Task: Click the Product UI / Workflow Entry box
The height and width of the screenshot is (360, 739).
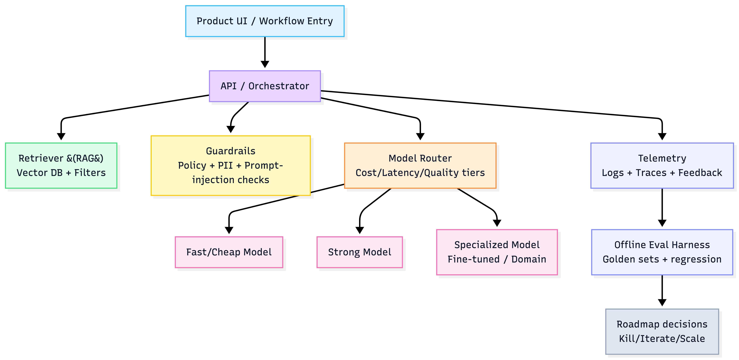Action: (265, 21)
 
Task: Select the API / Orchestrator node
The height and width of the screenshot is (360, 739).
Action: (265, 86)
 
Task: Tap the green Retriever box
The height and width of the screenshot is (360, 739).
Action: (61, 166)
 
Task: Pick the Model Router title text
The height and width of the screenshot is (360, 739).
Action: (420, 158)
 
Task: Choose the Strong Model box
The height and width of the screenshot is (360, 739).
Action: (359, 252)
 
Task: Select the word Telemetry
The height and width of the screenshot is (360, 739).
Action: (662, 158)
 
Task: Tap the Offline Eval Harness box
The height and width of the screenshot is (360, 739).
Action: (662, 252)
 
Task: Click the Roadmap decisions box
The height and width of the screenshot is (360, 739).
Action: (662, 331)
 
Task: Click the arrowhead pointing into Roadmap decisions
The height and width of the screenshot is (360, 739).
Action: (662, 302)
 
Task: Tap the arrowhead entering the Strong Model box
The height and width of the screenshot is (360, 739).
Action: (359, 230)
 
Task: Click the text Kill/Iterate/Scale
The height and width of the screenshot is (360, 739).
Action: (662, 338)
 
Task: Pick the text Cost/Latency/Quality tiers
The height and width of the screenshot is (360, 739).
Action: (420, 173)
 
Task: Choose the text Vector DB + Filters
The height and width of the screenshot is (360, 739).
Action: (61, 173)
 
